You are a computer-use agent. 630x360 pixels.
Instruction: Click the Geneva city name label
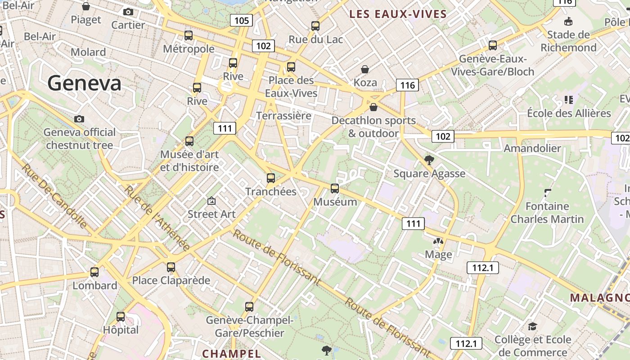84,84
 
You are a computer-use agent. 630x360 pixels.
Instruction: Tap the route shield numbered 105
242,20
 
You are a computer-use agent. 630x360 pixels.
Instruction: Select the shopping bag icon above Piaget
86,6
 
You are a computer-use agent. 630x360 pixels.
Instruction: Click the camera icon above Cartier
128,12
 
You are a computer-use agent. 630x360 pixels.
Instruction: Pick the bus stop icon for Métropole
189,35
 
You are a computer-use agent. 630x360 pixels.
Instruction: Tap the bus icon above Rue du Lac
315,26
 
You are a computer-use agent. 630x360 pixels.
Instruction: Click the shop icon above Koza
365,69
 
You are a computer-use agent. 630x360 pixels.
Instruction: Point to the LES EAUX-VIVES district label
398,14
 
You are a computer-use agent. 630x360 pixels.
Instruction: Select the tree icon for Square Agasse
429,160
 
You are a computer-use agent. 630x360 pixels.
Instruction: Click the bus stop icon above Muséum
335,188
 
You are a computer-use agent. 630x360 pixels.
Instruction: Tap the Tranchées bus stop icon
271,178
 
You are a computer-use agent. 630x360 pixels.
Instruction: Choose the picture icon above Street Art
211,201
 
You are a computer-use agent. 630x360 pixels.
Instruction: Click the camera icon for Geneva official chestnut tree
80,119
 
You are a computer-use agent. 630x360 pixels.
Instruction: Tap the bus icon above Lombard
94,272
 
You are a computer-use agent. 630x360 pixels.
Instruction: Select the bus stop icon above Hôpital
121,316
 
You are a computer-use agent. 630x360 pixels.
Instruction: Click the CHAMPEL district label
232,353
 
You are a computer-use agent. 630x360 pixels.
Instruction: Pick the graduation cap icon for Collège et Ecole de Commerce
533,326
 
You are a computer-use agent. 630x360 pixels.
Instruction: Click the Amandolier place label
532,148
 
